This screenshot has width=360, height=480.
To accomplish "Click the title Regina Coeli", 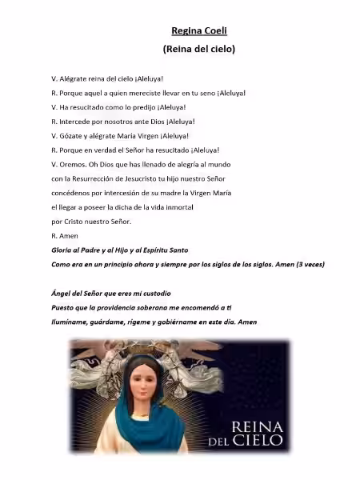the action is (x=198, y=31).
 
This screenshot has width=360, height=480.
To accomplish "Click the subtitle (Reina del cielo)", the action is (x=198, y=49).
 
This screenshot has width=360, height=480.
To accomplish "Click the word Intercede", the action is (x=74, y=122).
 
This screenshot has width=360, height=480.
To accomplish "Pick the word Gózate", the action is (x=70, y=136).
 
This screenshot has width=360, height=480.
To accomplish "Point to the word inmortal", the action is (x=167, y=207).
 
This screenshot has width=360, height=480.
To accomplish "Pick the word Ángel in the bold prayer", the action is (x=62, y=293).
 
